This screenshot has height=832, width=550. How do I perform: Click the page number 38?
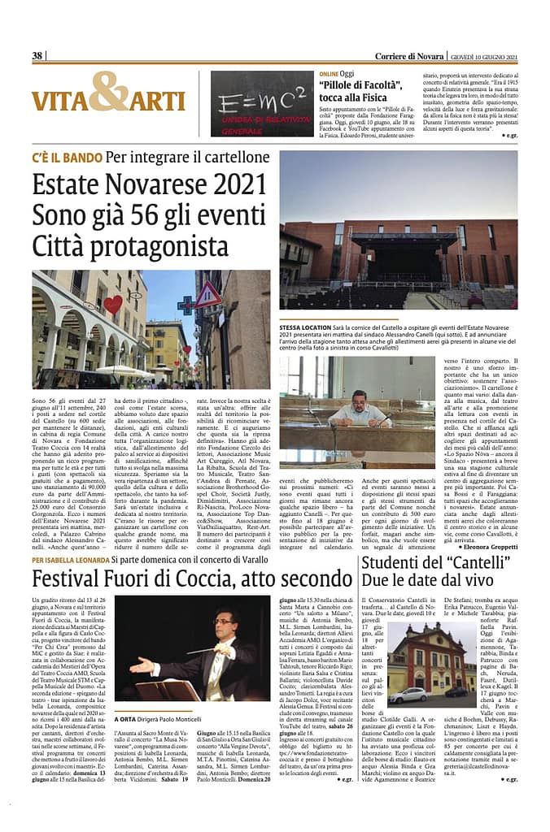click(x=37, y=55)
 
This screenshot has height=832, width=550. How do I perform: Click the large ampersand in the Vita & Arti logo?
click(x=108, y=91)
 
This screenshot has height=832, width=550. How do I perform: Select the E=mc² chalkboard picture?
click(x=261, y=103)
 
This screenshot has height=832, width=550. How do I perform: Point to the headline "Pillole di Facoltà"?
click(x=362, y=84)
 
